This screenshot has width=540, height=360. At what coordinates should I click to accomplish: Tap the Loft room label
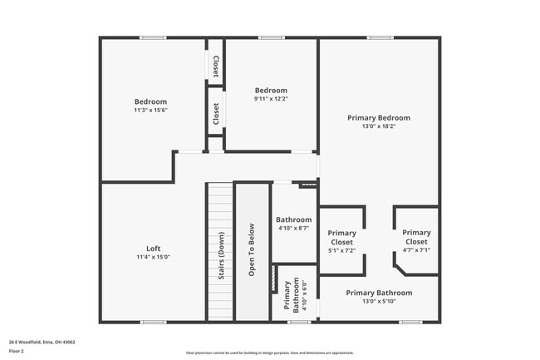point(153,249)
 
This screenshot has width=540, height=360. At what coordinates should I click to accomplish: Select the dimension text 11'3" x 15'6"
point(150,110)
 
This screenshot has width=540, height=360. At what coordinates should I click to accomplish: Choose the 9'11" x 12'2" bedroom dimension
point(271,99)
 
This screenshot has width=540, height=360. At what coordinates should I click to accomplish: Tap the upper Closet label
point(215,65)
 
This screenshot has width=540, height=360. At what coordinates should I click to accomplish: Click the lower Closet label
point(215,114)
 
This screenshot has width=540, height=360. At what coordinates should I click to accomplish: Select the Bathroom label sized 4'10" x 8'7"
point(293,220)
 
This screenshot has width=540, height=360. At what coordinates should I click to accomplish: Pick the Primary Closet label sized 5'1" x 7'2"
point(341,237)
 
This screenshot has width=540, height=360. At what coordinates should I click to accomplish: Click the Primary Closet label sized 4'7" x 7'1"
point(416,237)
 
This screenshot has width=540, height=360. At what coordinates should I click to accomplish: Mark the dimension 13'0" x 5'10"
point(379,301)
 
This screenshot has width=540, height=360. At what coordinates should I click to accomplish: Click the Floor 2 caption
point(17,350)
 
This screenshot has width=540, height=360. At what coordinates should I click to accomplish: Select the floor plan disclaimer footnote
point(270,353)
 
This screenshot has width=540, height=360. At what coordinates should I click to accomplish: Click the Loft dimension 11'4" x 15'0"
point(153,257)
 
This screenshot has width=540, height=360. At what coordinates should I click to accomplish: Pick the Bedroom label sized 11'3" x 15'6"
point(150,101)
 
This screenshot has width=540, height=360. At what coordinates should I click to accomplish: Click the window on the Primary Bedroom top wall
point(380,37)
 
